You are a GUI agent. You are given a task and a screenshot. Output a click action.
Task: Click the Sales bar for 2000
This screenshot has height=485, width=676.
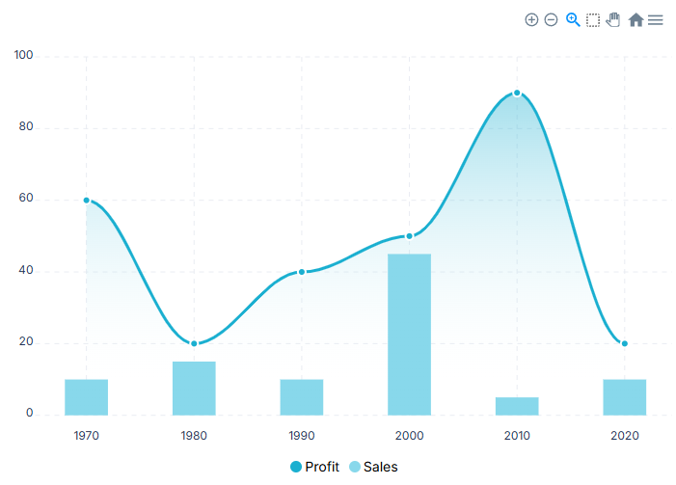pos(409,334)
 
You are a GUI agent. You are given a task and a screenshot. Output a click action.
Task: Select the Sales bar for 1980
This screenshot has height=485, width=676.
pos(194,388)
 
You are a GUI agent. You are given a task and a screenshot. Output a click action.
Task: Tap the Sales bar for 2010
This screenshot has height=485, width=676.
pos(517,406)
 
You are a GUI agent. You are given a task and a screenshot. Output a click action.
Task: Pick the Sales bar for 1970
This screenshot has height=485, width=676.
pos(87,396)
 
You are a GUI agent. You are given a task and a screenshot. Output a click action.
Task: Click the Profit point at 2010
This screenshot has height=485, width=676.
pos(517,94)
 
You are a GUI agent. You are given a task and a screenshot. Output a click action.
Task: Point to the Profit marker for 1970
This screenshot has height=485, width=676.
pos(87,201)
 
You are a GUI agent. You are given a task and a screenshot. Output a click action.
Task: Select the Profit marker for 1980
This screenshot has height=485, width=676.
pos(194,343)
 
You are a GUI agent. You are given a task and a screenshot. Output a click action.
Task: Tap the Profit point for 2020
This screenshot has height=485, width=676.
pos(624,343)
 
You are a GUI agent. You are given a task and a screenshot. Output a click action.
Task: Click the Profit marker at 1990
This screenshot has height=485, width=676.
pos(302,272)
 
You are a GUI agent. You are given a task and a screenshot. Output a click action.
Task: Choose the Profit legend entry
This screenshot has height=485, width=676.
pos(315,467)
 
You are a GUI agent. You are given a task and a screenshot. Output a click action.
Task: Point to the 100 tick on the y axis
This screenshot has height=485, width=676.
pos(23,56)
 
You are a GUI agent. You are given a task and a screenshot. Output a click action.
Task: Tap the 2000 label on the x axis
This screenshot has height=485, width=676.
pos(409,436)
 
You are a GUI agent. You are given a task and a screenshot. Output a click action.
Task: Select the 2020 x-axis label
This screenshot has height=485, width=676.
pos(624,436)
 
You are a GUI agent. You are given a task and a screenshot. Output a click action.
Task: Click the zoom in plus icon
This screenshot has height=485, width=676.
pos(531,19)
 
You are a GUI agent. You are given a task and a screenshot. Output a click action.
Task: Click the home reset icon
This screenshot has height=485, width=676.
pos(635,19)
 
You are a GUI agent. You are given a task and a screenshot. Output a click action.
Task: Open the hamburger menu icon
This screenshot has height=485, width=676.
pos(656,19)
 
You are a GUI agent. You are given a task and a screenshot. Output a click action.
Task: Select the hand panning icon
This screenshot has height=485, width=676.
pos(613,19)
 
